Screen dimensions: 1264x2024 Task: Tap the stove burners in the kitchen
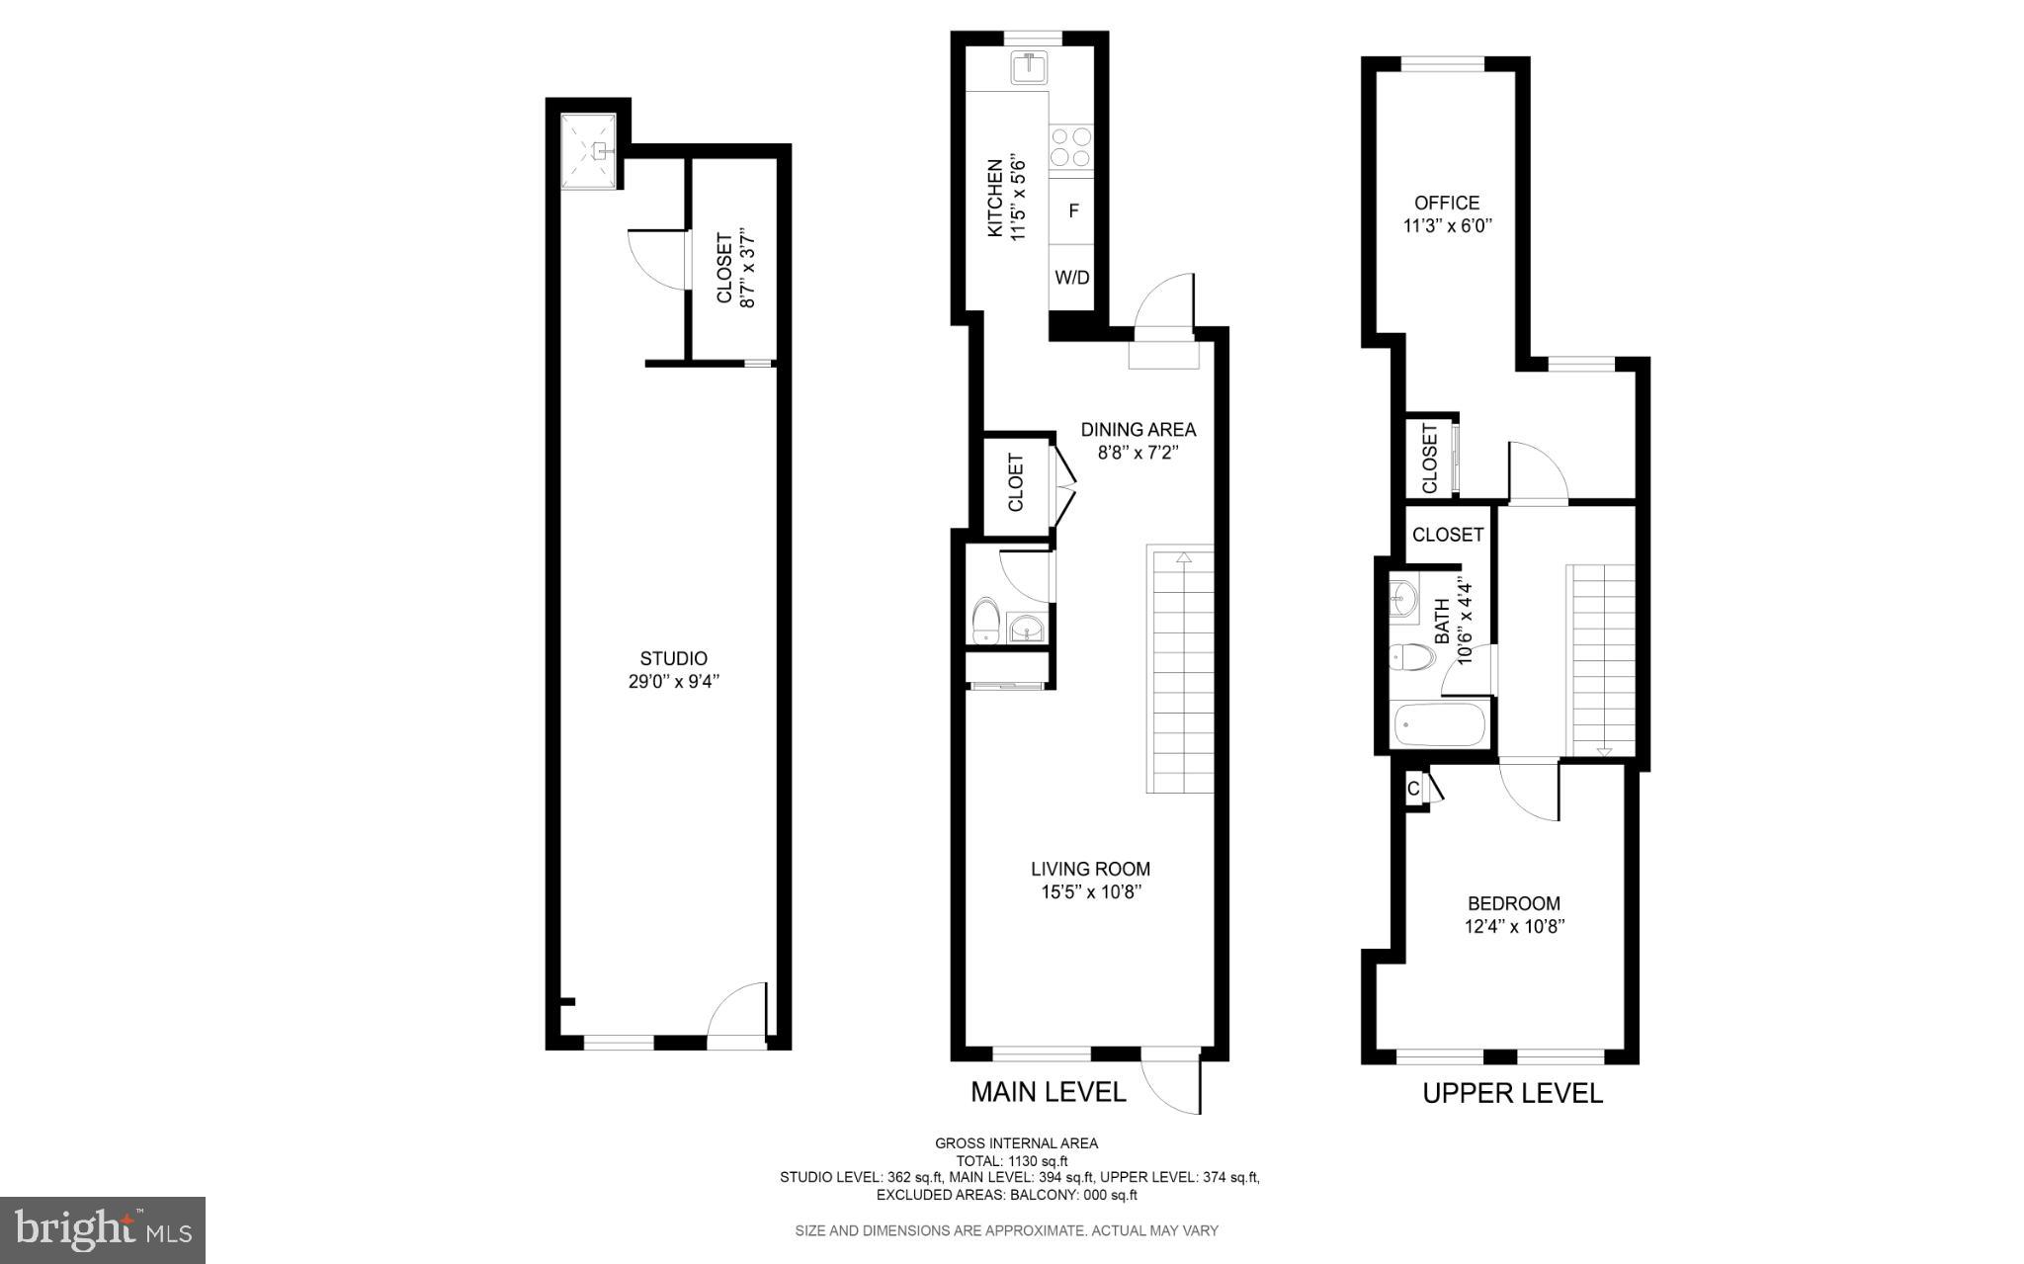point(1071,146)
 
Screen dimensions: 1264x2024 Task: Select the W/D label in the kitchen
point(1072,278)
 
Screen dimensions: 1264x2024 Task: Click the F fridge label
point(1073,211)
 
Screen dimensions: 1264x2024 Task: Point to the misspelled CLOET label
point(1016,483)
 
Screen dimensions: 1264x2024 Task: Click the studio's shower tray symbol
point(590,151)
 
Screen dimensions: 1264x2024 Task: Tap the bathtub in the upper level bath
point(1439,726)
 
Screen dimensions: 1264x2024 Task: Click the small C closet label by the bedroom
point(1413,789)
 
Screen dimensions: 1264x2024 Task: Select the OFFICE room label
point(1447,204)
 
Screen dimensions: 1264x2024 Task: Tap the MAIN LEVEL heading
point(1048,1092)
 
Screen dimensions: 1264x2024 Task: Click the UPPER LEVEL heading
point(1512,1093)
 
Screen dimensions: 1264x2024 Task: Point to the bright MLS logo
point(103,1229)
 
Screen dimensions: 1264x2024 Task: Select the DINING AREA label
point(1138,430)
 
